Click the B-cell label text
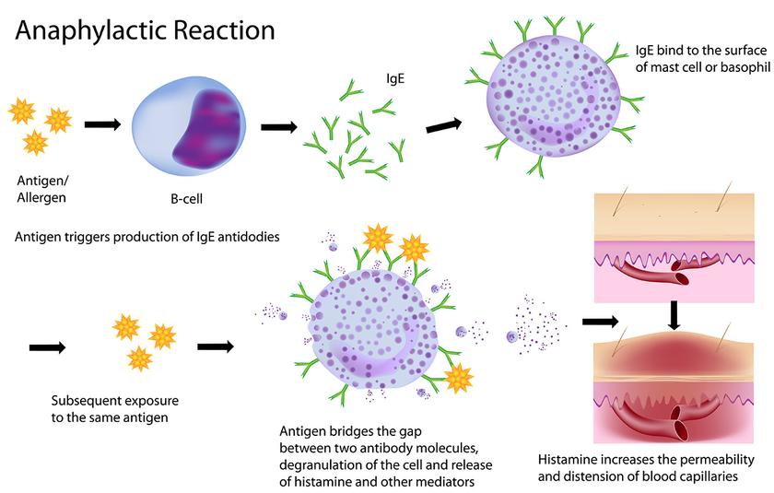186,199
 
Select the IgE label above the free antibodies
395,79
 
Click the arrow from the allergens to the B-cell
102,124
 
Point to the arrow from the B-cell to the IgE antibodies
279,127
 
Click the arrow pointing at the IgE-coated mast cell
444,125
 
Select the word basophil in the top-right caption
745,67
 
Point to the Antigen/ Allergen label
42,189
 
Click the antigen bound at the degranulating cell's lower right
459,378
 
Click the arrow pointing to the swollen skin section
600,322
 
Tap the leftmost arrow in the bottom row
47,348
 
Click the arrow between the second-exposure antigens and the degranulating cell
216,346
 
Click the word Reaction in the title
225,30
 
